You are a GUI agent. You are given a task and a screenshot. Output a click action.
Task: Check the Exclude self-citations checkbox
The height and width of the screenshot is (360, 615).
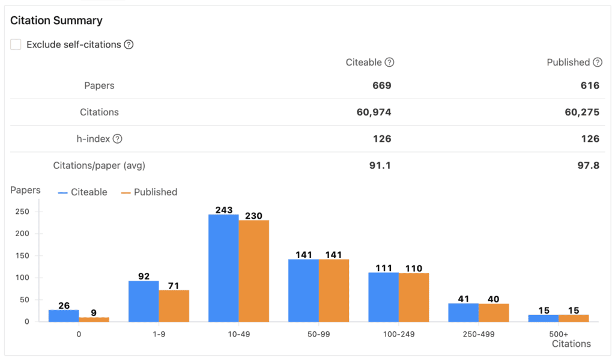[x=16, y=44]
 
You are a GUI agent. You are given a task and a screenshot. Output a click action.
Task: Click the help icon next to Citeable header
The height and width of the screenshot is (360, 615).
[x=389, y=62]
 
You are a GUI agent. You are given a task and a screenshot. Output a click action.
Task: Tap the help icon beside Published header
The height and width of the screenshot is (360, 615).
[x=597, y=62]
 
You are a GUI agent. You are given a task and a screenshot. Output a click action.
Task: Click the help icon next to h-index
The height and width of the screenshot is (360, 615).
[x=118, y=139]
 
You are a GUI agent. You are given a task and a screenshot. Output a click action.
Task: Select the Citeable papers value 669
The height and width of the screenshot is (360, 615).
[x=381, y=85]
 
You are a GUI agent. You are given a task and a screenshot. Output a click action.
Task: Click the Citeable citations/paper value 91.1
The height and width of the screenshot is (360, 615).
[x=380, y=165]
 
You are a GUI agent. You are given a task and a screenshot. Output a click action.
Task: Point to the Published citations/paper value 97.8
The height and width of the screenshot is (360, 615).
[x=588, y=165]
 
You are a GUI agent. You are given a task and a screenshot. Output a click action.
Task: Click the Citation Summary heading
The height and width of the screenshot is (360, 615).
[x=56, y=20]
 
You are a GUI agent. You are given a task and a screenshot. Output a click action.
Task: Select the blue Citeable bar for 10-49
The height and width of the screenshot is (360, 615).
[x=223, y=268]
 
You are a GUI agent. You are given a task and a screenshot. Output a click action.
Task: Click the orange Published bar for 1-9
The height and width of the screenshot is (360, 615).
[x=174, y=306]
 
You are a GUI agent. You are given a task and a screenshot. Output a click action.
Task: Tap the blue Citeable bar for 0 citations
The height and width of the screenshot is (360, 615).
[x=64, y=316]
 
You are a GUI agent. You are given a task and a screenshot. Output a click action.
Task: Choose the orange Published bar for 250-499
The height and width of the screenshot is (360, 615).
[x=494, y=313]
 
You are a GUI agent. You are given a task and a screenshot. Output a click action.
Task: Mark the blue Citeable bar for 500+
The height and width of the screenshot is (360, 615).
[x=544, y=318]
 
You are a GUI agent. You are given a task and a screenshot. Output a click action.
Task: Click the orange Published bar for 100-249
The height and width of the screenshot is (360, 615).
[x=414, y=297]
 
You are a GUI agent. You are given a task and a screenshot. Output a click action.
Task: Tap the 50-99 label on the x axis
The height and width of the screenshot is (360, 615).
[x=319, y=334]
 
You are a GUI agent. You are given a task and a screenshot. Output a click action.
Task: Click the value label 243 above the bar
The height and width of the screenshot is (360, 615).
[x=223, y=210]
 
